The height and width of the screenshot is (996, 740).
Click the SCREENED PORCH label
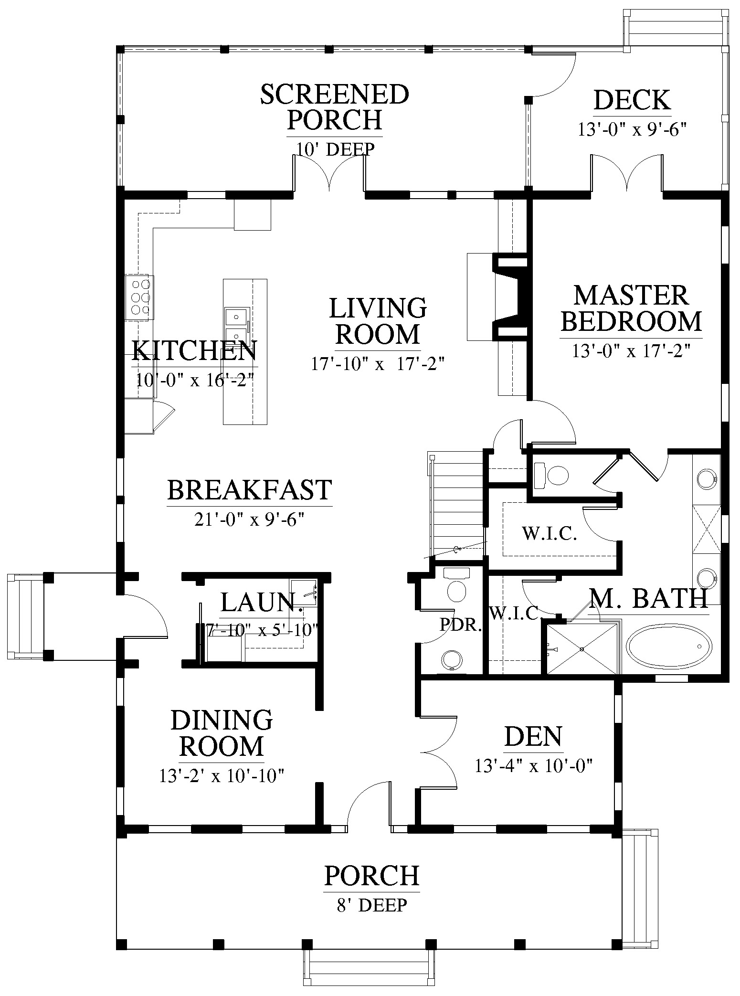pyautogui.click(x=335, y=107)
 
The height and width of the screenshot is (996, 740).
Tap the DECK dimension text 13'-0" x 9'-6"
pyautogui.click(x=632, y=130)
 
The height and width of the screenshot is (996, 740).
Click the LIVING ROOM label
pyautogui.click(x=378, y=320)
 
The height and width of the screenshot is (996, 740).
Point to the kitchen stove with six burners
pyautogui.click(x=139, y=297)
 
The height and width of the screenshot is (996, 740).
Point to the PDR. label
pyautogui.click(x=460, y=625)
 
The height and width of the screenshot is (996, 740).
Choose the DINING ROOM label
pyautogui.click(x=222, y=733)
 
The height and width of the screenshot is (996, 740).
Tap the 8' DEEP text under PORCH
pyautogui.click(x=372, y=905)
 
